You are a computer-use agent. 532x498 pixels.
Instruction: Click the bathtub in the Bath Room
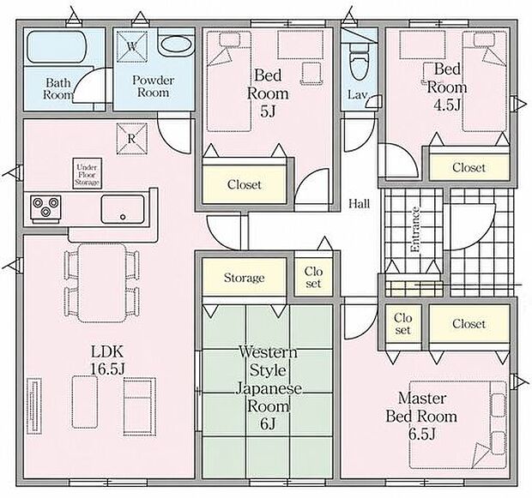pyautogui.click(x=55, y=47)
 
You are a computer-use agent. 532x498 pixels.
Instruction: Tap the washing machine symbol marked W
pyautogui.click(x=132, y=47)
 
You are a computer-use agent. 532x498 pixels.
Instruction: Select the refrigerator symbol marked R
pyautogui.click(x=132, y=139)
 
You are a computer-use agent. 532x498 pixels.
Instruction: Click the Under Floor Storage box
pyautogui.click(x=88, y=173)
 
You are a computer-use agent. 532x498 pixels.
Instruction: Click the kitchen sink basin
pyautogui.click(x=123, y=209)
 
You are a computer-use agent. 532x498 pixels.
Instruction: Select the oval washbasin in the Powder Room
pyautogui.click(x=176, y=44)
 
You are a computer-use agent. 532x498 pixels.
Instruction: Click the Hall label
pyautogui.click(x=360, y=204)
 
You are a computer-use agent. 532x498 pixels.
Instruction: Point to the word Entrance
pyautogui.click(x=415, y=230)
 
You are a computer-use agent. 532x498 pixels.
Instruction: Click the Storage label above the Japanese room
pyautogui.click(x=244, y=278)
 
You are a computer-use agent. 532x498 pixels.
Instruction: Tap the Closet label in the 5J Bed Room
pyautogui.click(x=245, y=185)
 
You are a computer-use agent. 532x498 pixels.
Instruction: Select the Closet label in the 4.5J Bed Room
pyautogui.click(x=469, y=167)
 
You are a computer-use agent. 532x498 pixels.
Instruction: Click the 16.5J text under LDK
pyautogui.click(x=107, y=369)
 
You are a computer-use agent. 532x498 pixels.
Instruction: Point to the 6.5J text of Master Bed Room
pyautogui.click(x=421, y=434)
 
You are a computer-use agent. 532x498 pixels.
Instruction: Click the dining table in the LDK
pyautogui.click(x=101, y=283)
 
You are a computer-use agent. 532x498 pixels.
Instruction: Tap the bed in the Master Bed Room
pyautogui.click(x=458, y=425)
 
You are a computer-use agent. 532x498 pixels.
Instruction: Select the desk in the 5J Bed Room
pyautogui.click(x=299, y=45)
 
